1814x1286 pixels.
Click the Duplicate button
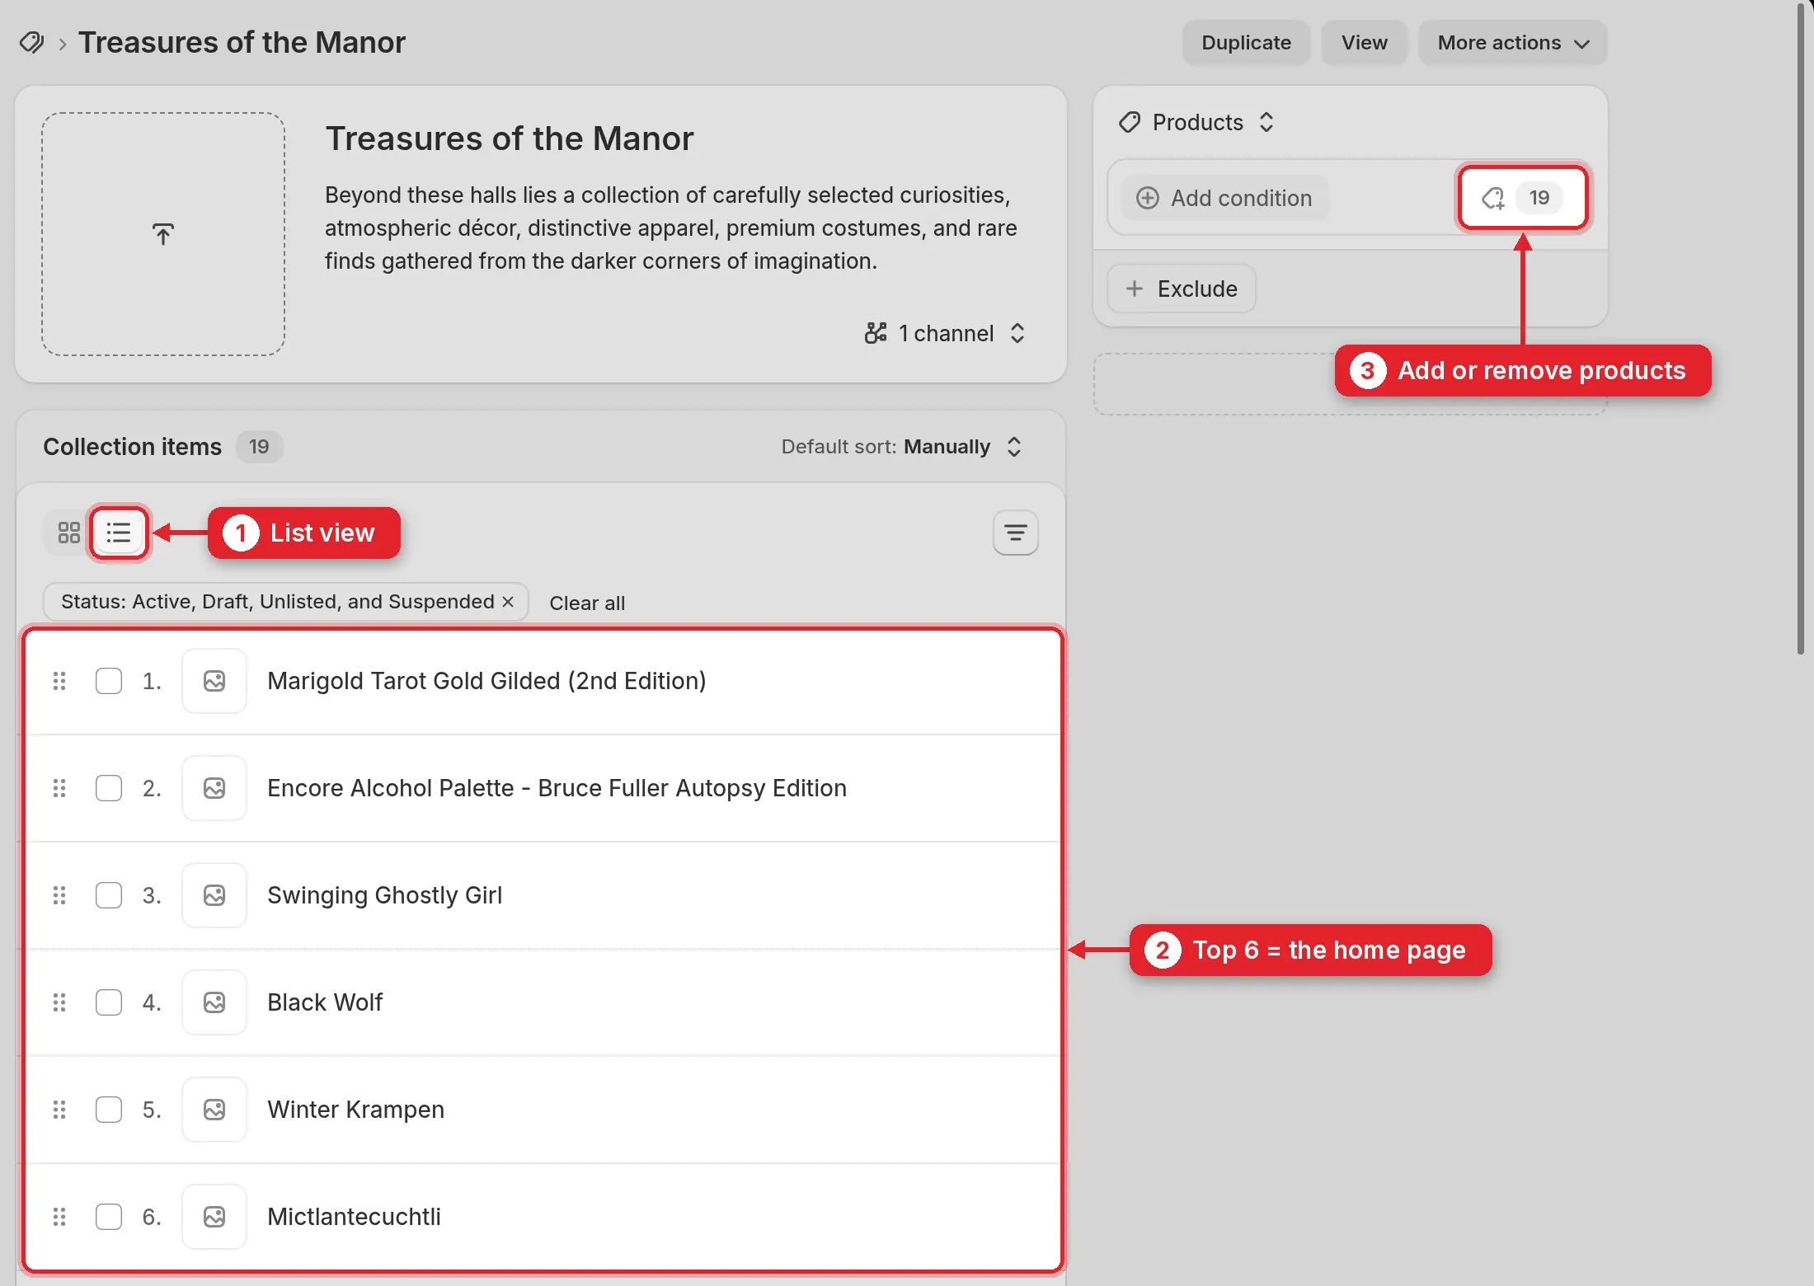point(1246,43)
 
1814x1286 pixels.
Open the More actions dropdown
point(1512,43)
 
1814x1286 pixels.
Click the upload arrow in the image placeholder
point(163,234)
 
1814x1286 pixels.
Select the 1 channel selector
point(945,333)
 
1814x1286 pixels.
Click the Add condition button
point(1225,198)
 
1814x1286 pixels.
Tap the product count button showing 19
point(1522,198)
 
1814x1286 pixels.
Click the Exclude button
point(1182,289)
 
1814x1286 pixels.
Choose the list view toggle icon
point(119,533)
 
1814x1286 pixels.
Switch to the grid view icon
point(69,533)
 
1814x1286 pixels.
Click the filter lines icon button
point(1015,533)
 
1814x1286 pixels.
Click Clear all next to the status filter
point(587,603)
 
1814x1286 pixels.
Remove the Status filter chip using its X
point(508,602)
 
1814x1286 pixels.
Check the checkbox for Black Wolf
point(109,1002)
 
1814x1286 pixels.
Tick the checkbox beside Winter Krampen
point(109,1110)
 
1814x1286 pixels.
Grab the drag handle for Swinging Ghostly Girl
point(59,895)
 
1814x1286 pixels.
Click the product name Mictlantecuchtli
point(354,1217)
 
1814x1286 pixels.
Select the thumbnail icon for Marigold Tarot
point(214,681)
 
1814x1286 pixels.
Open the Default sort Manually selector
point(902,447)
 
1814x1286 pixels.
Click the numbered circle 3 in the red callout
point(1367,371)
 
